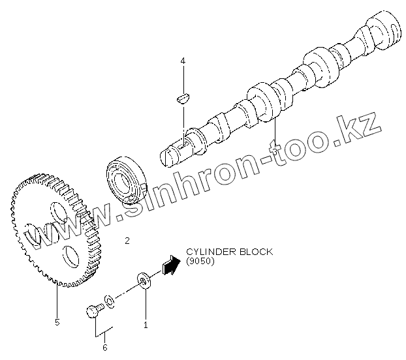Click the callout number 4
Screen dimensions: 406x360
pyautogui.click(x=183, y=61)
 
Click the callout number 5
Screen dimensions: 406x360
pyautogui.click(x=57, y=322)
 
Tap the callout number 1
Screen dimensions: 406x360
pyautogui.click(x=146, y=323)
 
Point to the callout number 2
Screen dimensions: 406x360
pyautogui.click(x=127, y=241)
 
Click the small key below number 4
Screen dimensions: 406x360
pyautogui.click(x=183, y=98)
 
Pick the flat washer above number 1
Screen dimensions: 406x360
pyautogui.click(x=143, y=281)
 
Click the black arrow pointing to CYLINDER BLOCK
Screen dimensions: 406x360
pyautogui.click(x=170, y=264)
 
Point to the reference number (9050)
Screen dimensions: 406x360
pyautogui.click(x=200, y=262)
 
